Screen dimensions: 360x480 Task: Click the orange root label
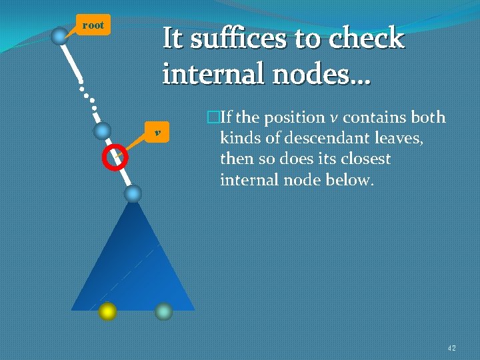coord(93,25)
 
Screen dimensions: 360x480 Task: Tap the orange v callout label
coord(157,133)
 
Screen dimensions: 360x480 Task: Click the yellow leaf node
coord(107,311)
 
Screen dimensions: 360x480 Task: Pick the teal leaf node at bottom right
coord(163,311)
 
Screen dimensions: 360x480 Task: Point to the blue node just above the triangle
coord(133,193)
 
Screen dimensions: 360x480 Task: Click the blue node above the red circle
coord(102,131)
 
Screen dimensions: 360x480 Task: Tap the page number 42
coord(451,347)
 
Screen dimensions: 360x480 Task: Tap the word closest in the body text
coord(363,159)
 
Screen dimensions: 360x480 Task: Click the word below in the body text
coord(347,180)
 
